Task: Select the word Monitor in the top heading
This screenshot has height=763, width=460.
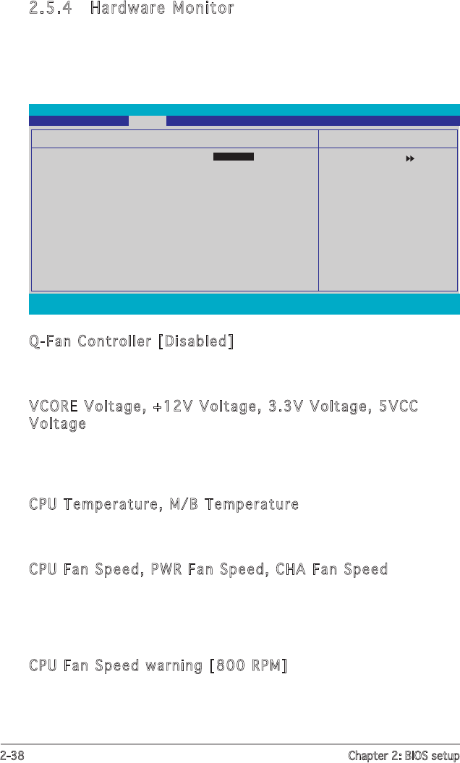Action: click(202, 9)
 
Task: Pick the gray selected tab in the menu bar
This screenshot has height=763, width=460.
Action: click(148, 121)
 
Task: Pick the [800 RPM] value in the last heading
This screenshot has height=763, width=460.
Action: click(248, 665)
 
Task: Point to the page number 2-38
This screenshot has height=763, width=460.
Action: click(14, 756)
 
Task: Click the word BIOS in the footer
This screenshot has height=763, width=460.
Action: click(414, 756)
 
